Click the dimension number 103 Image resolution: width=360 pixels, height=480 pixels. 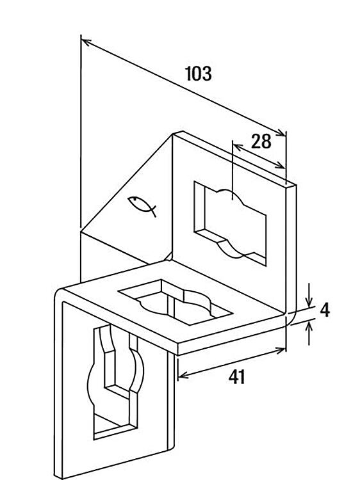[x=199, y=74]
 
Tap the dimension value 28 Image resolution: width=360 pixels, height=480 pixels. [x=261, y=141]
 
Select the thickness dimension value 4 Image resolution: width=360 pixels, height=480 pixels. [x=325, y=310]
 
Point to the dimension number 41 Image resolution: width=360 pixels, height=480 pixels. [x=237, y=377]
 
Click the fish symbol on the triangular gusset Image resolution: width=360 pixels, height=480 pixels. [x=142, y=205]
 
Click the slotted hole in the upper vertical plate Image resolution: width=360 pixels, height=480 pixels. [x=230, y=223]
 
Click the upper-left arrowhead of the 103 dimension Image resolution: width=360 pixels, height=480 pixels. [x=86, y=42]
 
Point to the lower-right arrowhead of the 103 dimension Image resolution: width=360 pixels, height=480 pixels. [x=281, y=132]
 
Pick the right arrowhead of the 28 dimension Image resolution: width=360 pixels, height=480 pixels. [x=280, y=166]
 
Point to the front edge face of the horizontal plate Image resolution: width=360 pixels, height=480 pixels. [x=231, y=335]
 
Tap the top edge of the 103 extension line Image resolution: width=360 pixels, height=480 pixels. [x=81, y=35]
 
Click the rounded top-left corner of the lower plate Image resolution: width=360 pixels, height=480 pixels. [x=58, y=293]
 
